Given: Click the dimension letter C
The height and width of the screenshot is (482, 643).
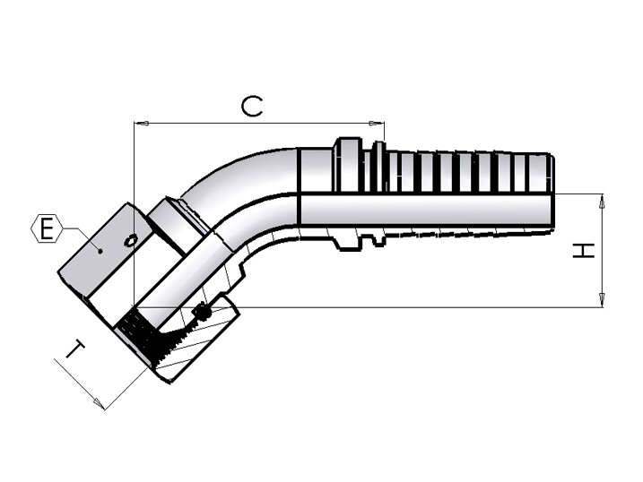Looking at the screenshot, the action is [x=251, y=107].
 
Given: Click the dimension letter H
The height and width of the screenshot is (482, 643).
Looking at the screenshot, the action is [x=584, y=250].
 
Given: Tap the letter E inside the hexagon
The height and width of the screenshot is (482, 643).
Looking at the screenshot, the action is [x=47, y=228].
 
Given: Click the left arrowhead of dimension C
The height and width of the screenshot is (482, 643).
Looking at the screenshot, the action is [x=141, y=123].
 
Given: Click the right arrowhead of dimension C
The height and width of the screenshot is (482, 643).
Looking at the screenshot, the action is [x=377, y=123].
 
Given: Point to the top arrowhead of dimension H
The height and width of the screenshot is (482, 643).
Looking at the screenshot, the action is [x=602, y=201].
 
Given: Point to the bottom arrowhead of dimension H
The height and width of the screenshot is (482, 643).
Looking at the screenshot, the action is [x=602, y=300].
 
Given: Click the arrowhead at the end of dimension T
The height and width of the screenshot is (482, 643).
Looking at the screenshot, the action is [x=99, y=403].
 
